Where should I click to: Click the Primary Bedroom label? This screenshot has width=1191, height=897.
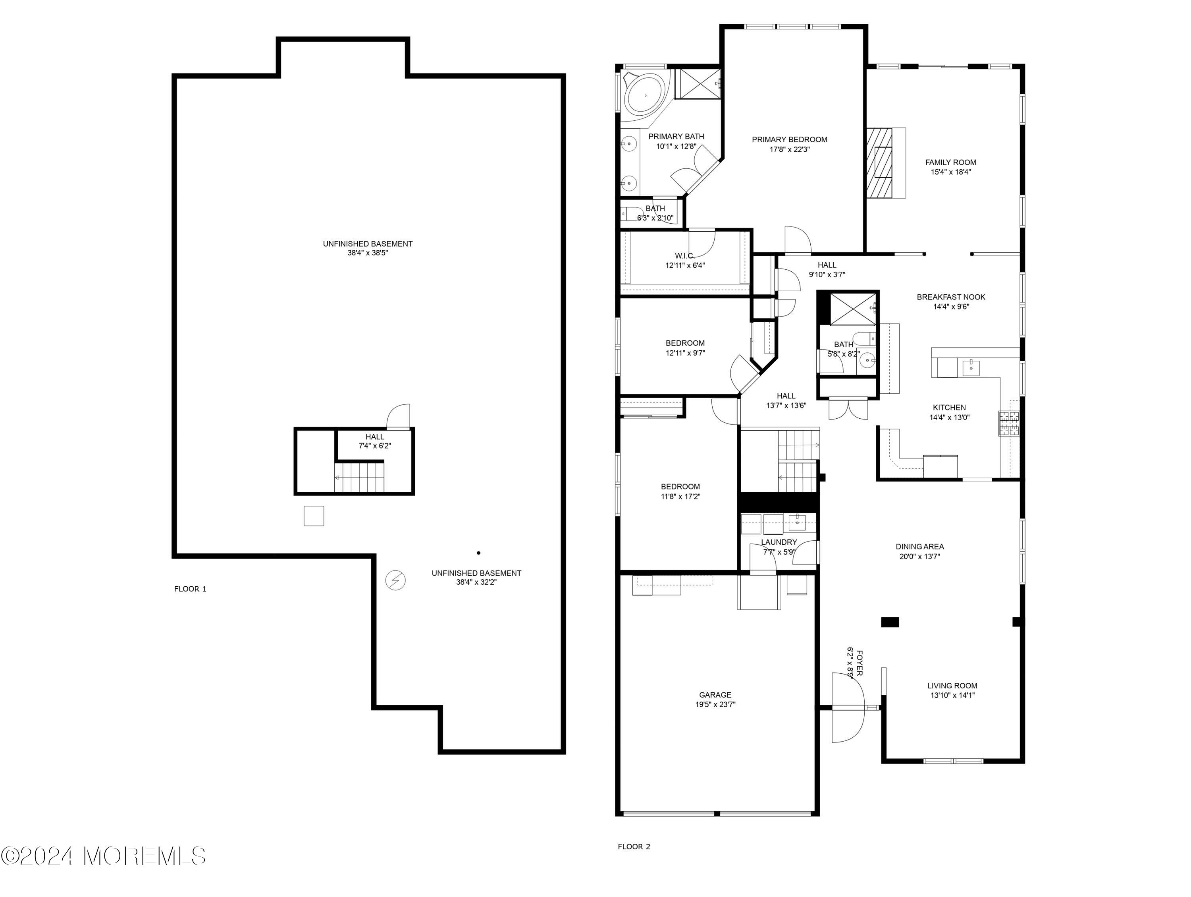pyautogui.click(x=789, y=139)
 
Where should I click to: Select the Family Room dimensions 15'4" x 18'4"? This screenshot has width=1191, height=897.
pyautogui.click(x=950, y=172)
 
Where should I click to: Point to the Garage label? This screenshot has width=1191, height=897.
pyautogui.click(x=715, y=695)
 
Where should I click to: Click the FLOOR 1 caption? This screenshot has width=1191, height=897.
pyautogui.click(x=190, y=589)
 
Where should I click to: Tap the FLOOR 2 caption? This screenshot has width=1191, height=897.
pyautogui.click(x=634, y=847)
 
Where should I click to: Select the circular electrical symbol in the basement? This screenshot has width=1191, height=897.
pyautogui.click(x=396, y=580)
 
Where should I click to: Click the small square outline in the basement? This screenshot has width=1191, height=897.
pyautogui.click(x=314, y=516)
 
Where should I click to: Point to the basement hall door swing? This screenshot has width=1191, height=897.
pyautogui.click(x=399, y=416)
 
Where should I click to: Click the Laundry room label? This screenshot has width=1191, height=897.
pyautogui.click(x=779, y=542)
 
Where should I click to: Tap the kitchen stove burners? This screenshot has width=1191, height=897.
pyautogui.click(x=1009, y=423)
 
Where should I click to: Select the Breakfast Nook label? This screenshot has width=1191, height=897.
pyautogui.click(x=951, y=297)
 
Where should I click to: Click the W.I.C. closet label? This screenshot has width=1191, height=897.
pyautogui.click(x=684, y=255)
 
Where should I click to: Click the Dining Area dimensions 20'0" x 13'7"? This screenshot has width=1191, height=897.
pyautogui.click(x=919, y=557)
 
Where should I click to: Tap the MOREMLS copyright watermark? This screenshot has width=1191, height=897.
pyautogui.click(x=103, y=856)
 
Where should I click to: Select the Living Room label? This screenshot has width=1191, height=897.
pyautogui.click(x=952, y=686)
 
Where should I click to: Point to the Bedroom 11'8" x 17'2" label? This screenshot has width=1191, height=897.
pyautogui.click(x=680, y=487)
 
